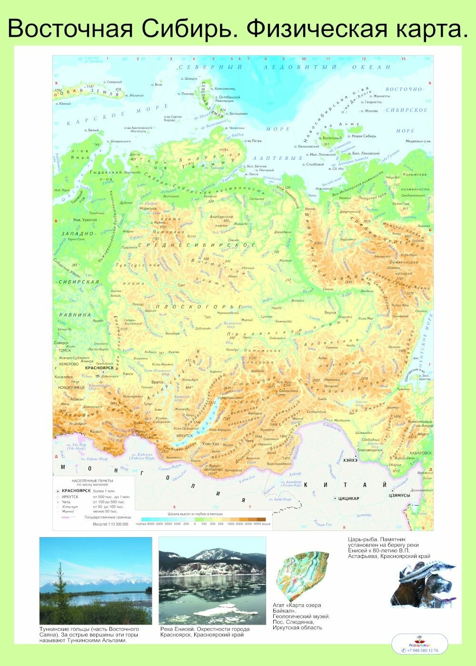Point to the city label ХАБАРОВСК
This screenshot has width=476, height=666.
[419, 453]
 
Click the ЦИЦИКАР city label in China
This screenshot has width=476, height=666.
[348, 498]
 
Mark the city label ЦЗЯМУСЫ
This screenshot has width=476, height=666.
[400, 495]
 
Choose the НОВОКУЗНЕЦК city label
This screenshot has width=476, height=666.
[71, 387]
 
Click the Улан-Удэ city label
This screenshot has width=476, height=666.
[209, 443]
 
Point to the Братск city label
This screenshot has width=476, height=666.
[157, 382]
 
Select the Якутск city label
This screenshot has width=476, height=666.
[330, 313]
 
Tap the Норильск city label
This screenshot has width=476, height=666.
[148, 208]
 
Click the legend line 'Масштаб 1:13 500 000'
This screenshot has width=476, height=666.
[110, 524]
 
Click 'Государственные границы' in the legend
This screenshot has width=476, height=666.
[107, 517]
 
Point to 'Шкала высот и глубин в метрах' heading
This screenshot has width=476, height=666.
[195, 514]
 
